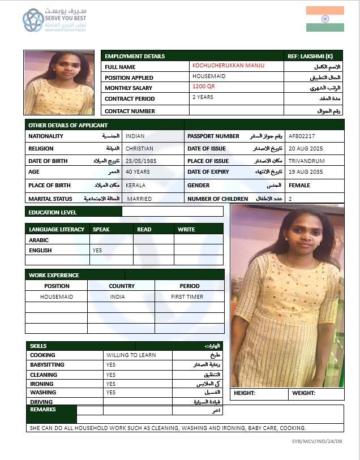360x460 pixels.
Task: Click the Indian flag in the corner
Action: coord(325,19)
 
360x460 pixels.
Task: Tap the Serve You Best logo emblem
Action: coord(33,20)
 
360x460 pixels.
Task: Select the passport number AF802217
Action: coord(302,136)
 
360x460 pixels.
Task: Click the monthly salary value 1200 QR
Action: coord(204,87)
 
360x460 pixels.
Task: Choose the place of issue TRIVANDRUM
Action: coord(306,161)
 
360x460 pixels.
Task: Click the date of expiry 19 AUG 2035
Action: coord(306,172)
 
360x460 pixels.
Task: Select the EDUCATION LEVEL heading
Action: coord(53,213)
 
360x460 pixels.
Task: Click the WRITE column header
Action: coord(186,229)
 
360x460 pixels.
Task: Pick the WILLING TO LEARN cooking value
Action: coord(131,355)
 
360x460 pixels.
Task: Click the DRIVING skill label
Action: coord(41,402)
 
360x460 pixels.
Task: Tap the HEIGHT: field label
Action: coord(245,393)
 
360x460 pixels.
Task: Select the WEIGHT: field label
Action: coord(303,393)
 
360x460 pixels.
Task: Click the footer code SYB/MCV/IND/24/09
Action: coord(317,441)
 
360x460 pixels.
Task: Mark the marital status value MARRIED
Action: coord(139,199)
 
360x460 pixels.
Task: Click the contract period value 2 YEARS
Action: coord(203,97)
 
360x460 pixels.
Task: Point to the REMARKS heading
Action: coord(43,409)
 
